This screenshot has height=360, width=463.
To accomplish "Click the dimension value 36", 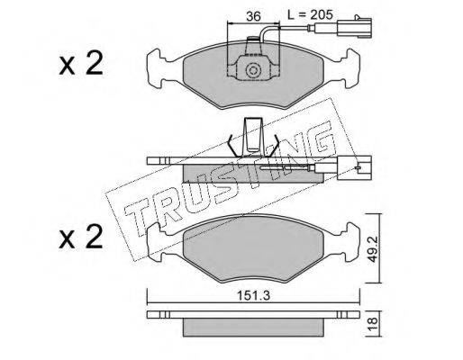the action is pos(253,16).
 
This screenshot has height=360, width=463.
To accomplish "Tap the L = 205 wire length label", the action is pos(310,14).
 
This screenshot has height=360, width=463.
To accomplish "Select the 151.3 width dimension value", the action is pos(254,295).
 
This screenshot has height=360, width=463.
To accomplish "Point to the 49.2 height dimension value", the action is pos(373,248).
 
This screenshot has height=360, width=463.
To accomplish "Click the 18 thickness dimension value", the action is pos(373,324).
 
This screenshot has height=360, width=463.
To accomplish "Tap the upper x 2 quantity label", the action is pos(81,64).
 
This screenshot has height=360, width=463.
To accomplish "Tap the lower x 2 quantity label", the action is pos(81,237).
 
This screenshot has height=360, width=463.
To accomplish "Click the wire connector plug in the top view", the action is pos(354,28).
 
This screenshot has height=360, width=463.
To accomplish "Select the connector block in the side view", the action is pos(354,167).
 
